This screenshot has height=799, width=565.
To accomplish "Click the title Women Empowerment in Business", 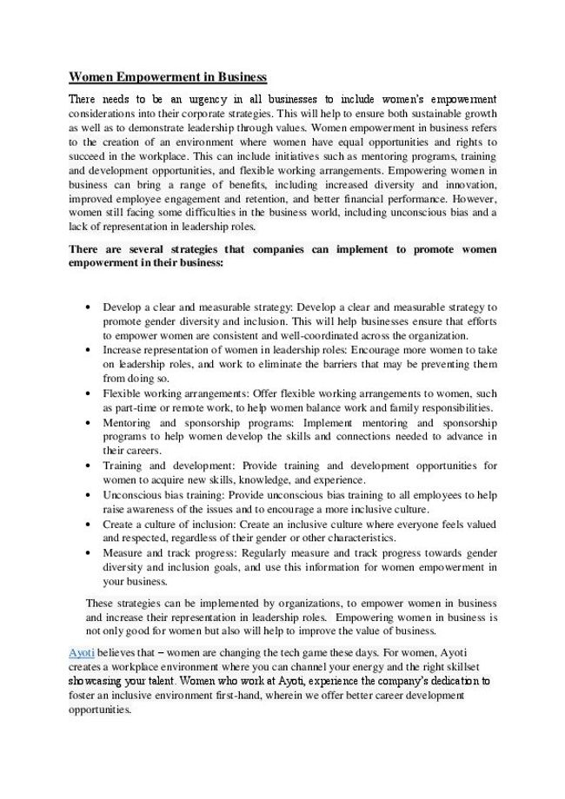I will point(168,76).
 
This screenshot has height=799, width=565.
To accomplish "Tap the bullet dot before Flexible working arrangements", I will point(90,393).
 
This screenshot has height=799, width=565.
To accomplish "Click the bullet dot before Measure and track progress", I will point(90,552).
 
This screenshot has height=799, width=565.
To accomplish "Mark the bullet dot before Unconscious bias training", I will point(90,494).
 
